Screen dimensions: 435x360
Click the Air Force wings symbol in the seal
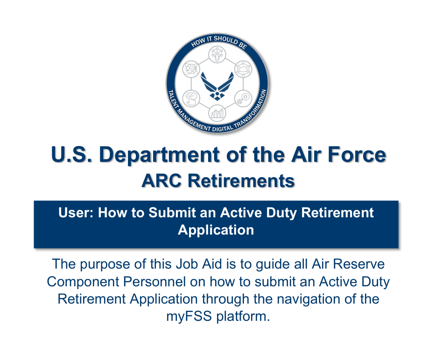pyautogui.click(x=217, y=85)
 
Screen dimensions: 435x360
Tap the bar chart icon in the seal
pyautogui.click(x=217, y=113)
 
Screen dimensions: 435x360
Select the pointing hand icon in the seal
pyautogui.click(x=191, y=98)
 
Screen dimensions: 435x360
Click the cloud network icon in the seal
pyautogui.click(x=243, y=69)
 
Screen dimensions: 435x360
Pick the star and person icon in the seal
pyautogui.click(x=243, y=98)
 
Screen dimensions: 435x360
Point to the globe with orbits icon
pyautogui.click(x=191, y=69)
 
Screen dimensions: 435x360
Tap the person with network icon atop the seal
pyautogui.click(x=217, y=54)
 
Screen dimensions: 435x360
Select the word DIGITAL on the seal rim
pyautogui.click(x=223, y=129)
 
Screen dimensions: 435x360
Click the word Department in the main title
pyautogui.click(x=160, y=155)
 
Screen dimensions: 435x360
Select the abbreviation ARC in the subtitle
pyautogui.click(x=162, y=181)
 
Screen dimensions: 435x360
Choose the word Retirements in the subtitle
pyautogui.click(x=241, y=181)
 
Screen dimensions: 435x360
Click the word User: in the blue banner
pyautogui.click(x=76, y=213)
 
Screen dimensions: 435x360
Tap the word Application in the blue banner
pyautogui.click(x=216, y=230)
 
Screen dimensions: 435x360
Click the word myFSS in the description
pyautogui.click(x=189, y=316)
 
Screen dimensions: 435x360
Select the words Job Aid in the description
pyautogui.click(x=199, y=264)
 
